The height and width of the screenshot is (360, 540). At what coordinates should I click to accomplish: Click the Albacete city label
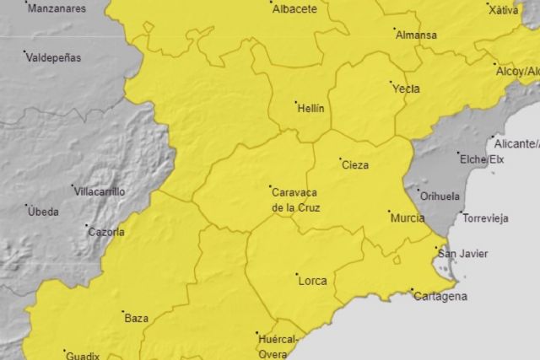pyautogui.click(x=294, y=9)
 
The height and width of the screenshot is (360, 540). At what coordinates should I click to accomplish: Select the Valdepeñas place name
pyautogui.click(x=54, y=58)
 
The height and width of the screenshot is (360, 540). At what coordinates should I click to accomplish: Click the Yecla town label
pyautogui.click(x=406, y=89)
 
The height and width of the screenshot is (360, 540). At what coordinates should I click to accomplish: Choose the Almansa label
pyautogui.click(x=417, y=35)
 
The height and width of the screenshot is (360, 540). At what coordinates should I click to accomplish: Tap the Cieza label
pyautogui.click(x=354, y=165)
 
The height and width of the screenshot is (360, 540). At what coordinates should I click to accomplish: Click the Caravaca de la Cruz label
pyautogui.click(x=295, y=199)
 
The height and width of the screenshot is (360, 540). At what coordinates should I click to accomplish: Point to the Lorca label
pyautogui.click(x=313, y=281)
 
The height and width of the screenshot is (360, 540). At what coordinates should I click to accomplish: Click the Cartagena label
pyautogui.click(x=439, y=297)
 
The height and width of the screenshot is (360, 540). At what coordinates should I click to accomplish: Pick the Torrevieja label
pyautogui.click(x=485, y=218)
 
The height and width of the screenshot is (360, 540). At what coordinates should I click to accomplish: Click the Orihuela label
pyautogui.click(x=440, y=196)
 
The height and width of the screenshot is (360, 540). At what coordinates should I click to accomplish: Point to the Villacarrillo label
pyautogui.click(x=100, y=191)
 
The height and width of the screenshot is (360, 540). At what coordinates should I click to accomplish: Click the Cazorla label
pyautogui.click(x=106, y=232)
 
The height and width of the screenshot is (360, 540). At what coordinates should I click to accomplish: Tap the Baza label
pyautogui.click(x=137, y=318)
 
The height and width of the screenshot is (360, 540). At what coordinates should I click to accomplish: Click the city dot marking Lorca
pyautogui.click(x=296, y=274)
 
